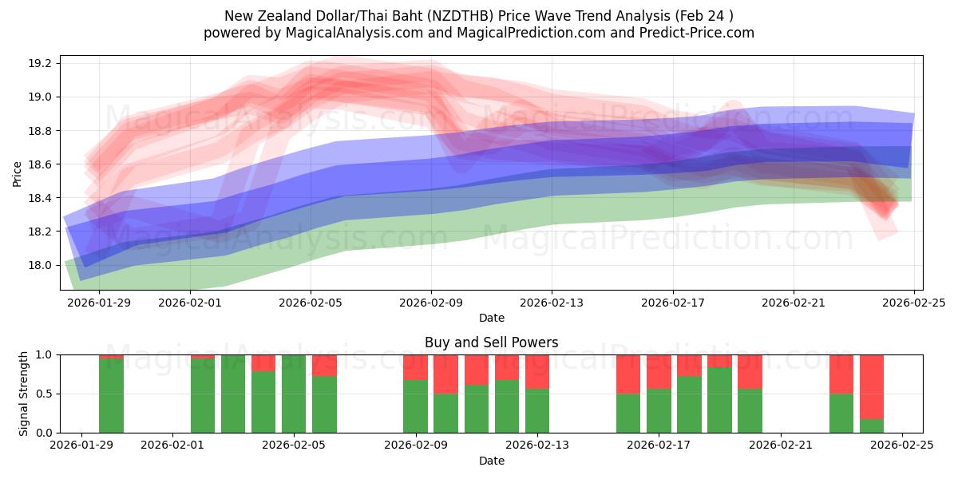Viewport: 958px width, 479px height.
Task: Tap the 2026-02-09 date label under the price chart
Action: tap(431, 303)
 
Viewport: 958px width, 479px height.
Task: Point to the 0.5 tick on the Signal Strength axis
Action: tap(46, 394)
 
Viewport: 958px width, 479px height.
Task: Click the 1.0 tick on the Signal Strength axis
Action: tap(46, 355)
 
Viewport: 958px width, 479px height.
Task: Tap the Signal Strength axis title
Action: tap(24, 394)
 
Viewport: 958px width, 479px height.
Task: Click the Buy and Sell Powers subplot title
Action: tap(491, 342)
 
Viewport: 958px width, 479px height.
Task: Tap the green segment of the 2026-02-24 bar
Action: tap(872, 426)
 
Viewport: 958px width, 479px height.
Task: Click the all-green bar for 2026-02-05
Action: tap(294, 394)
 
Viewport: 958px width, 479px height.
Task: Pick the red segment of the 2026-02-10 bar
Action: tap(445, 374)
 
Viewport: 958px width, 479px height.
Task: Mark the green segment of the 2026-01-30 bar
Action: tap(111, 396)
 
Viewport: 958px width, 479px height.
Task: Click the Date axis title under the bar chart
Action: tap(491, 461)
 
